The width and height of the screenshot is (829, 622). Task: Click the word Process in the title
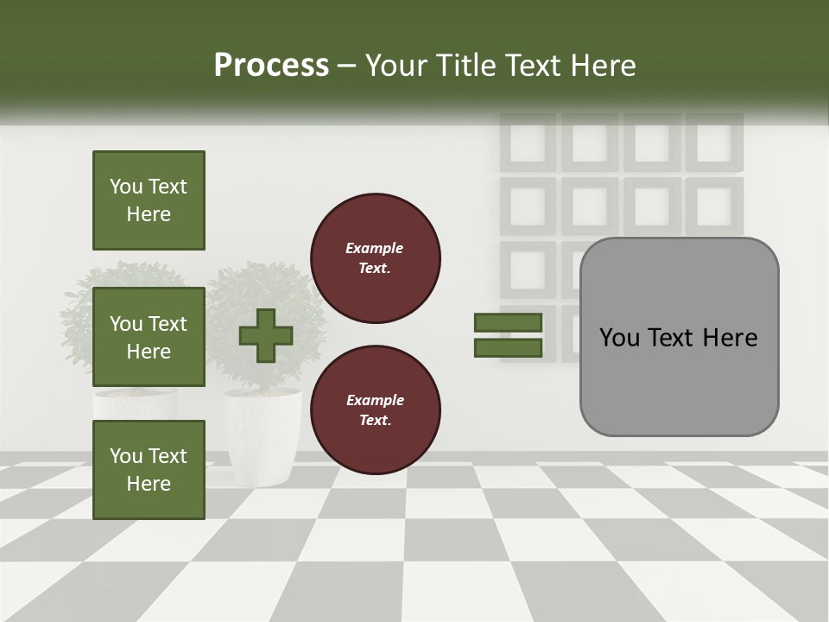(x=271, y=66)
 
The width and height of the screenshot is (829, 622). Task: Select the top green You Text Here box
(x=149, y=200)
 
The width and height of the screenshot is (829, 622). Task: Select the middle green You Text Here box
(x=149, y=337)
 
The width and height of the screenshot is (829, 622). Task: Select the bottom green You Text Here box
(x=149, y=469)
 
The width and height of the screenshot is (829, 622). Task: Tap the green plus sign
(x=266, y=335)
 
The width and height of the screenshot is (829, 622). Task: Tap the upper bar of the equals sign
(x=508, y=323)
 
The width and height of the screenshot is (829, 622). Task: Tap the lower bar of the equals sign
(x=508, y=348)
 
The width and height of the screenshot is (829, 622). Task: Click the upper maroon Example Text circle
(x=375, y=257)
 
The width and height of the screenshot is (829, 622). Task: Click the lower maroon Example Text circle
(x=375, y=410)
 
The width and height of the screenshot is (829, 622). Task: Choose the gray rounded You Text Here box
(x=679, y=336)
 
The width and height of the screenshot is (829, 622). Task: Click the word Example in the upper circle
(x=375, y=248)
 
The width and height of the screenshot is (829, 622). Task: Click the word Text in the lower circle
(x=375, y=421)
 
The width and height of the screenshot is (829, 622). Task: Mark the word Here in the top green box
(x=149, y=214)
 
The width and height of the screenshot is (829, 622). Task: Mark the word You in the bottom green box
(x=126, y=456)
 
